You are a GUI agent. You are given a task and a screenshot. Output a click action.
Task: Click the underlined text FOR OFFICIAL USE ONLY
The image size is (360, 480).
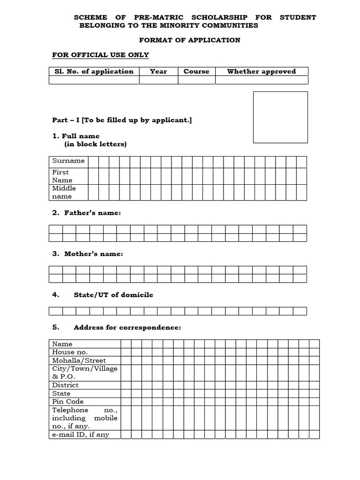pos(100,55)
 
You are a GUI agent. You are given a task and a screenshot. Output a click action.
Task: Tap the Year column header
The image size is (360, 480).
pos(158,71)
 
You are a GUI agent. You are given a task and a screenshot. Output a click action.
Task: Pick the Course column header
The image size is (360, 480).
pos(196,71)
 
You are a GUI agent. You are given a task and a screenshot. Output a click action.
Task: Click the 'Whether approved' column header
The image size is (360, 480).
pos(261,71)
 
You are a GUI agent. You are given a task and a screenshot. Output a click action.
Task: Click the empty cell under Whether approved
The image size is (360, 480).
pos(261,80)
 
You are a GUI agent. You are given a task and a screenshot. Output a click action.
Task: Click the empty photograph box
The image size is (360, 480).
pos(280,117)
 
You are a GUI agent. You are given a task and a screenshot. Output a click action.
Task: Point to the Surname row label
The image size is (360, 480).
pos(68,161)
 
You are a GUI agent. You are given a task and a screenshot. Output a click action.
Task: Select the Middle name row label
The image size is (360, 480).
pos(64,192)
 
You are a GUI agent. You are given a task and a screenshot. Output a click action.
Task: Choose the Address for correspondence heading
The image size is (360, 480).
pos(127,328)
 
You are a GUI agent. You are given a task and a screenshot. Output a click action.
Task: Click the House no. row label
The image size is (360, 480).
pos(70,352)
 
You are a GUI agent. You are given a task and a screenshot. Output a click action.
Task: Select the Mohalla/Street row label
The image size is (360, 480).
pos(79,360)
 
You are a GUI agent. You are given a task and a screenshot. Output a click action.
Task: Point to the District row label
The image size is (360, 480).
pos(65,385)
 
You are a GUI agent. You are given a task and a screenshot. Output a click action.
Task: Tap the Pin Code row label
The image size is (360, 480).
pos(68,402)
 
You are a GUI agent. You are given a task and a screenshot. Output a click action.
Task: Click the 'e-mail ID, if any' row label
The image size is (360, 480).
pos(81,435)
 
